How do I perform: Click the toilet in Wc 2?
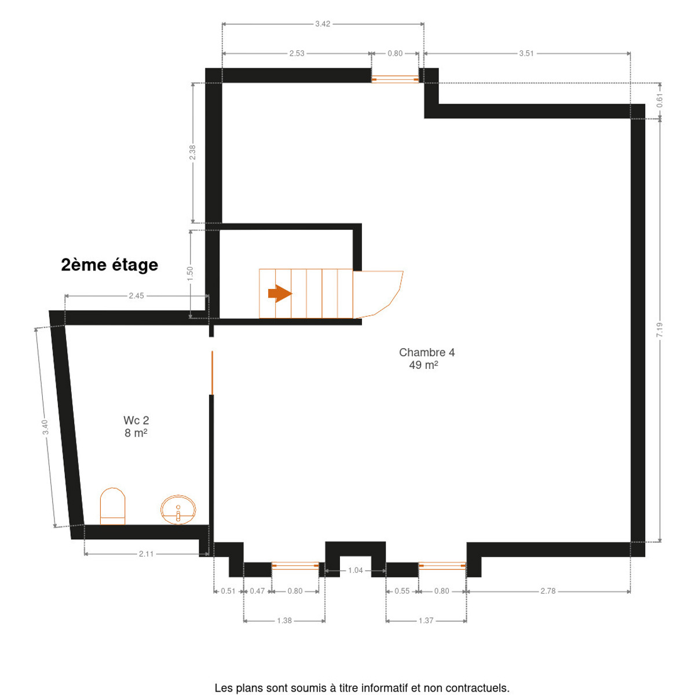pyautogui.click(x=112, y=506)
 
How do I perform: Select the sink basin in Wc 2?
pyautogui.click(x=178, y=509)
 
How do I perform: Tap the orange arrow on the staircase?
pyautogui.click(x=280, y=294)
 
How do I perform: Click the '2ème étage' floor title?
pyautogui.click(x=109, y=265)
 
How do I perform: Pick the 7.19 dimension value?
pyautogui.click(x=660, y=330)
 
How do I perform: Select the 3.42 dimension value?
pyautogui.click(x=323, y=24)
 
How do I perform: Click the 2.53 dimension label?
pyautogui.click(x=297, y=53)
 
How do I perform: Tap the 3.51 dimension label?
pyautogui.click(x=526, y=53)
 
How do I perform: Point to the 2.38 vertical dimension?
pyautogui.click(x=193, y=152)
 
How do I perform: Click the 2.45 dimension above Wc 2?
pyautogui.click(x=136, y=296)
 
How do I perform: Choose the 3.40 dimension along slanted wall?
pyautogui.click(x=45, y=427)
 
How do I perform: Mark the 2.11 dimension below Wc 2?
pyautogui.click(x=146, y=554)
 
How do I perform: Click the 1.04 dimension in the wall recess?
pyautogui.click(x=355, y=570)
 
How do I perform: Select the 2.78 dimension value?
pyautogui.click(x=548, y=591)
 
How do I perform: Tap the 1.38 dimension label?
pyautogui.click(x=284, y=620)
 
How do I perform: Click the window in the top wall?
pyautogui.click(x=396, y=79)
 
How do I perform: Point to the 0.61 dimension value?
pyautogui.click(x=660, y=100)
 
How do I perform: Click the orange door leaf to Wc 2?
pyautogui.click(x=212, y=372)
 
